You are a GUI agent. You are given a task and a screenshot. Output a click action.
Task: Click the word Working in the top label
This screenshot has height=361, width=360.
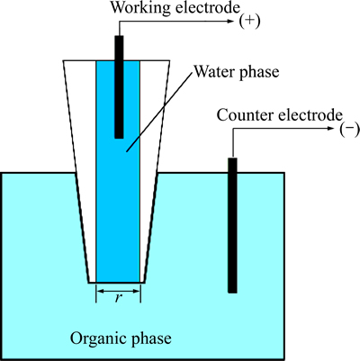pyautogui.click(x=141, y=8)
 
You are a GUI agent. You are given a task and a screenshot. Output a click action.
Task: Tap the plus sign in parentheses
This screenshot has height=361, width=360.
pyautogui.click(x=249, y=22)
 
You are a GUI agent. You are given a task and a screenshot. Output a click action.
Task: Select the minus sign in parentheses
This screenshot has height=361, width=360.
pyautogui.click(x=349, y=130)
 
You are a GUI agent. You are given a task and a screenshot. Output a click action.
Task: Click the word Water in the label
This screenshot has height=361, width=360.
pyautogui.click(x=214, y=72)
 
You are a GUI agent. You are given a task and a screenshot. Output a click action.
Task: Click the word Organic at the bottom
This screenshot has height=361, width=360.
pyautogui.click(x=97, y=338)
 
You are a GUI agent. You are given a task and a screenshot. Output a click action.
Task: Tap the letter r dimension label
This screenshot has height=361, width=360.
pyautogui.click(x=119, y=297)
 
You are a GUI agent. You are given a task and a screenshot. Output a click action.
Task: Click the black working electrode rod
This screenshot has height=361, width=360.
pyautogui.click(x=119, y=86)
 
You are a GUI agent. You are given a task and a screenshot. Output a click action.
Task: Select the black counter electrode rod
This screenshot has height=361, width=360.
pyautogui.click(x=232, y=225)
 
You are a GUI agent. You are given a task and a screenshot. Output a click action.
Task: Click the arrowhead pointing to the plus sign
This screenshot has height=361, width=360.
pyautogui.click(x=230, y=21)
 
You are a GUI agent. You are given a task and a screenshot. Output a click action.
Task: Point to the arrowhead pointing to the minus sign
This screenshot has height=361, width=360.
pyautogui.click(x=330, y=129)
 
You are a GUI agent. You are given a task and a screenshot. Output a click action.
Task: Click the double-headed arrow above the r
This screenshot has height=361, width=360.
pyautogui.click(x=119, y=291)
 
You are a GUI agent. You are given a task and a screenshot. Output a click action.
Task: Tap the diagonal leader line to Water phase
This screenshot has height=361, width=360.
pyautogui.click(x=159, y=112)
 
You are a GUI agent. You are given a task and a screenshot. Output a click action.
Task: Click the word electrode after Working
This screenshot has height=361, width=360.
pyautogui.click(x=207, y=8)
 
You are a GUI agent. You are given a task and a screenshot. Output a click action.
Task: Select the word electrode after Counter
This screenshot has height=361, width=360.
pyautogui.click(x=310, y=115)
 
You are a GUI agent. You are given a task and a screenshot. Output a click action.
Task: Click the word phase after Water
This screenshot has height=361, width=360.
pyautogui.click(x=259, y=73)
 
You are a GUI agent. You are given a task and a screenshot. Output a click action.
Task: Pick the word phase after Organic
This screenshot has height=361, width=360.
pyautogui.click(x=150, y=339)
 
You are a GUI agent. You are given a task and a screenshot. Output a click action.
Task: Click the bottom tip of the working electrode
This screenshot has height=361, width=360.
pyautogui.click(x=119, y=138)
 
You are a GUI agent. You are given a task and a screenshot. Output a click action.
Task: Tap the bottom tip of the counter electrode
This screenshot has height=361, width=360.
pyautogui.click(x=232, y=293)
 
